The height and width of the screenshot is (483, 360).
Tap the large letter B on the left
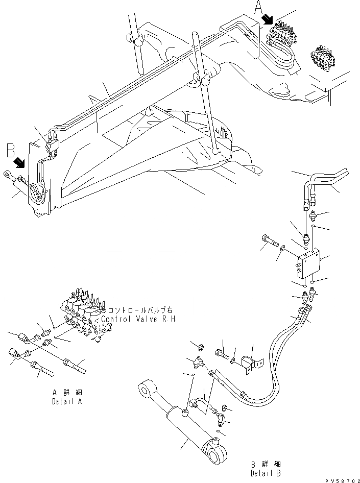tap(10, 152)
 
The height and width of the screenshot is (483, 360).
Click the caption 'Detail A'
tap(67, 401)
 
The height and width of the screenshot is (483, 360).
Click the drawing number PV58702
tap(342, 480)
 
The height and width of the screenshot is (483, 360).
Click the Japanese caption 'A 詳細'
tap(67, 393)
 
